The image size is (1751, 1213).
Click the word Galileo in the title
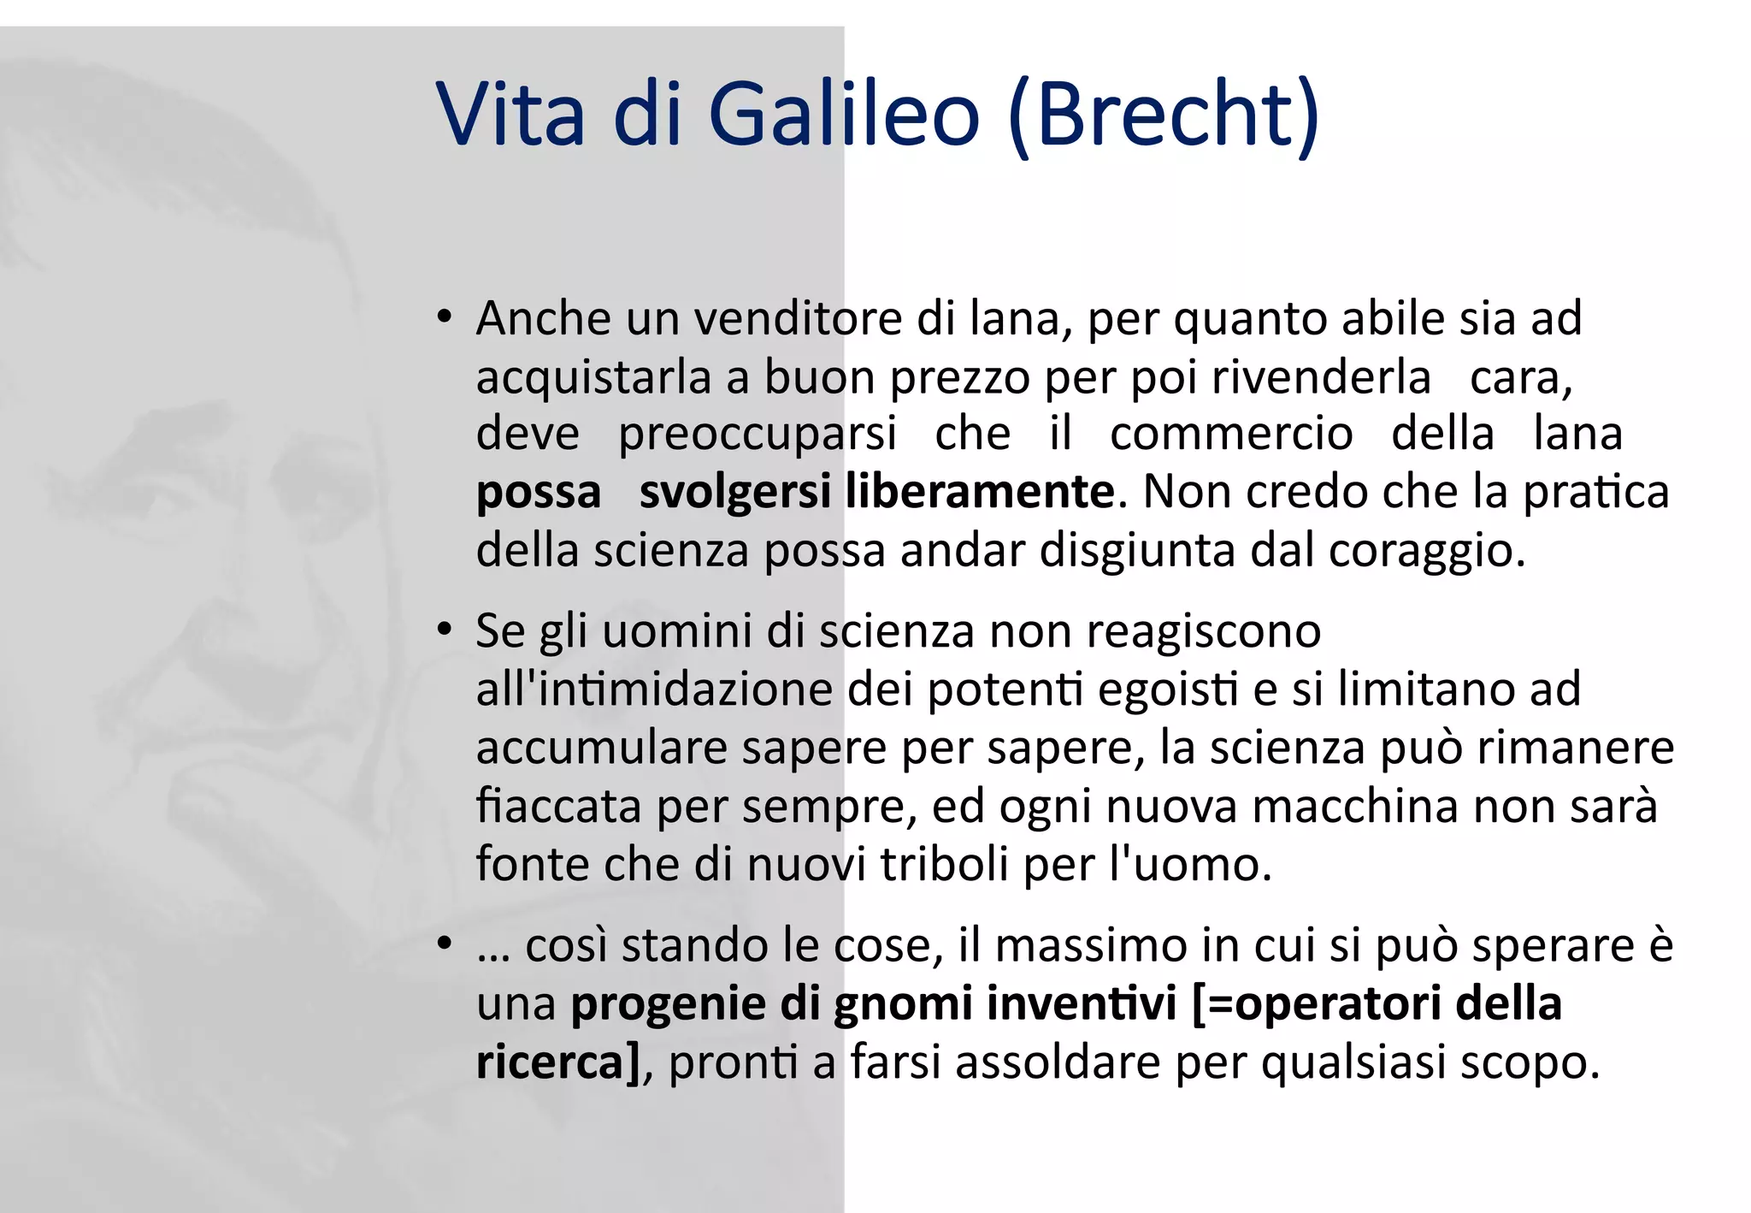pos(843,114)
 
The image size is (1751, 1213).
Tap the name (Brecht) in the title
pos(1164,115)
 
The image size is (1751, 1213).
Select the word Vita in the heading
pos(510,114)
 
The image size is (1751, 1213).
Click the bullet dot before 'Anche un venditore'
pos(443,317)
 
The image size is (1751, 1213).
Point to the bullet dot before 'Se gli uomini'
pos(443,630)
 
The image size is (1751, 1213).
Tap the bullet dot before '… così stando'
pos(443,944)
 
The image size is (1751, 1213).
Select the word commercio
pos(1231,433)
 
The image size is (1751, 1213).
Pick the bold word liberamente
pos(980,492)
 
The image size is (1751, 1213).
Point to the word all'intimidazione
pos(654,689)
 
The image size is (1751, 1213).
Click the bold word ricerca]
pos(557,1062)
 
